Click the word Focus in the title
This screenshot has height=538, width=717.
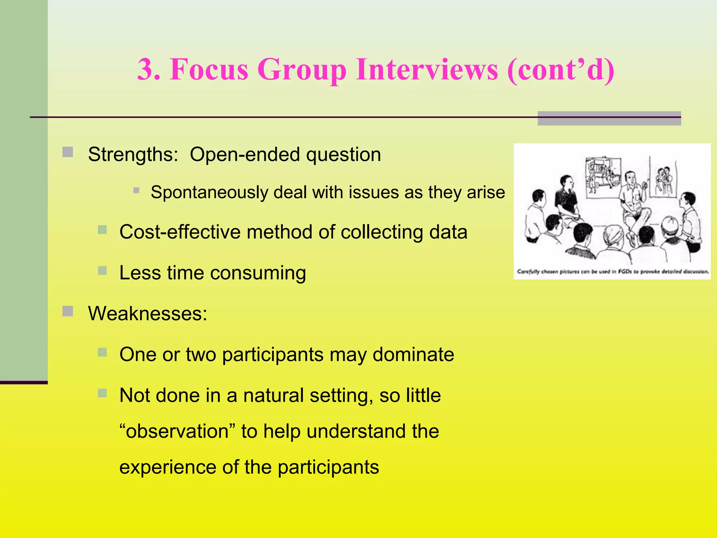point(209,69)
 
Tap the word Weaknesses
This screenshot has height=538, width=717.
point(147,313)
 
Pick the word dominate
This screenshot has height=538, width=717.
point(413,354)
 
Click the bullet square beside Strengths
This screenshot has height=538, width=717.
point(68,152)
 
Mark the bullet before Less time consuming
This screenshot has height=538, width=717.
point(102,270)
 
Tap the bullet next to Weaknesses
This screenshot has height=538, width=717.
point(68,311)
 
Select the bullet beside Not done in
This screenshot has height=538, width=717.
point(102,393)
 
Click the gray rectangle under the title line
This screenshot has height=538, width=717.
point(609,118)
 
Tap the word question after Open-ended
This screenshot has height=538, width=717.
point(343,154)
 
